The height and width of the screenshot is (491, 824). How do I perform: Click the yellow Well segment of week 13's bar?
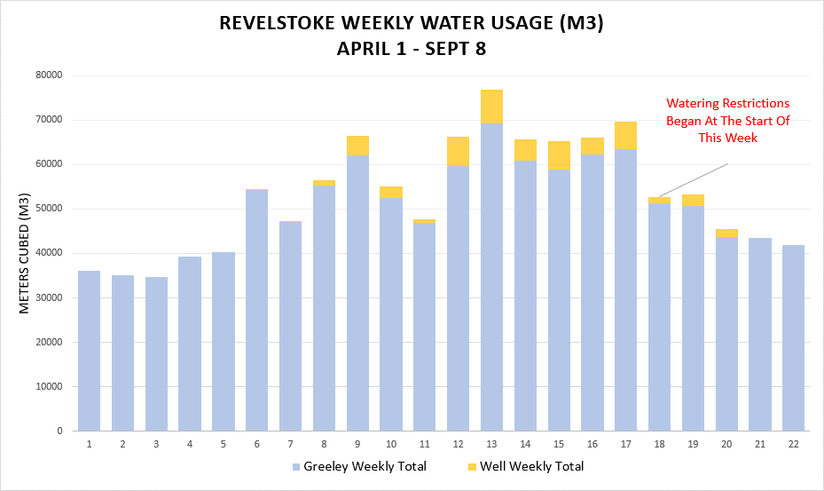(491, 107)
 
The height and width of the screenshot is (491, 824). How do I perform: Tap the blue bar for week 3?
(156, 355)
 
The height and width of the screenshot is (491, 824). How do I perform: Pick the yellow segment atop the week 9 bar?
(357, 146)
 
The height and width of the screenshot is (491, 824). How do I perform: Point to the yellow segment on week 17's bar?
(625, 135)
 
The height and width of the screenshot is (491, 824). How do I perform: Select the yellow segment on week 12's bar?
(458, 152)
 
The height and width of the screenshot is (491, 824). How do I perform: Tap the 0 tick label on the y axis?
(58, 432)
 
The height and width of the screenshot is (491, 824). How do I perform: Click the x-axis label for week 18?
(659, 443)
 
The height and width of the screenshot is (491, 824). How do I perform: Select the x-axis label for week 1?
(89, 443)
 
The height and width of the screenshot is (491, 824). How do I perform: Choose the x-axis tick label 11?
(424, 443)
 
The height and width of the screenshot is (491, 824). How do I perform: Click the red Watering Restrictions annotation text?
(727, 120)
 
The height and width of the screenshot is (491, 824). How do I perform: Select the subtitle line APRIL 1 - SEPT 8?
(411, 49)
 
